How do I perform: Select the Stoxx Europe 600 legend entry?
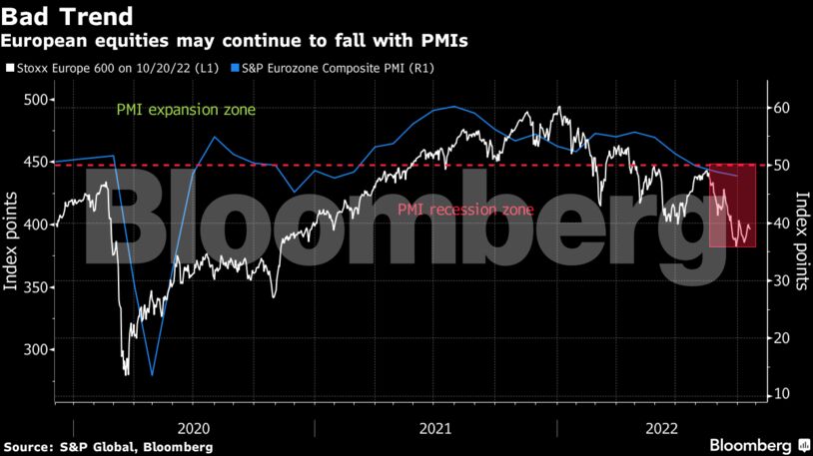click(114, 69)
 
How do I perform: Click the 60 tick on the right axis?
click(783, 108)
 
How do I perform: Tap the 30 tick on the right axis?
click(783, 281)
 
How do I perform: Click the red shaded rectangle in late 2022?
click(732, 206)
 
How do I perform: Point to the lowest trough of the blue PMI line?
click(153, 375)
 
